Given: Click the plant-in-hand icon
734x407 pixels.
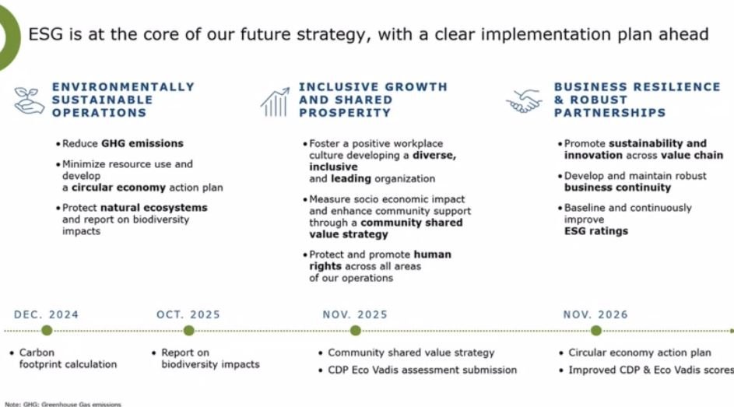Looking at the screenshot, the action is [29, 100].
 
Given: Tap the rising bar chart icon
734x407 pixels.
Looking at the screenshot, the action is [275, 101].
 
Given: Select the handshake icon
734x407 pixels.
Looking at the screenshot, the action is [524, 101].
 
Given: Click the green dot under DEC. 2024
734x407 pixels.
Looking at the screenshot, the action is [47, 331].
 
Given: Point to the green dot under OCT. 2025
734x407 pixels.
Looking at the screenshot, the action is [188, 331].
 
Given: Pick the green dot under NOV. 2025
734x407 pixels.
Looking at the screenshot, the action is [356, 331].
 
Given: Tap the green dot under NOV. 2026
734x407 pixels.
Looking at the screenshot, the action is [596, 331].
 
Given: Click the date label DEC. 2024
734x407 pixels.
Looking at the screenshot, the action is [47, 314].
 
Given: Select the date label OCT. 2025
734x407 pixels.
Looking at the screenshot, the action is [188, 314].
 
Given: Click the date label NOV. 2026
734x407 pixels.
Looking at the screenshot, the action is [595, 314].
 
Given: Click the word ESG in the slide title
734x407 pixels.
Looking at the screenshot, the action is [46, 34].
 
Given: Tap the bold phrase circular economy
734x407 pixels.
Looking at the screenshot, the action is [118, 188].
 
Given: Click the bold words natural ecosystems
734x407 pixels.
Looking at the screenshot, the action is [154, 208].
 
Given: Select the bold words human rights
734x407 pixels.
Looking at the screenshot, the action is [380, 260].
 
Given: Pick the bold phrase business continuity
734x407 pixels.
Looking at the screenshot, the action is [617, 188].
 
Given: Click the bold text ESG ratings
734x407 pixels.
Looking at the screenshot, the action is [596, 231].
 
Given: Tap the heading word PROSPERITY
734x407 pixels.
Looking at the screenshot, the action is [345, 113].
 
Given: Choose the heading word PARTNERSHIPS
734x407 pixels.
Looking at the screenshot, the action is [610, 113].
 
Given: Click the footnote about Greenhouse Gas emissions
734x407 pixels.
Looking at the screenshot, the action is [63, 404].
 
